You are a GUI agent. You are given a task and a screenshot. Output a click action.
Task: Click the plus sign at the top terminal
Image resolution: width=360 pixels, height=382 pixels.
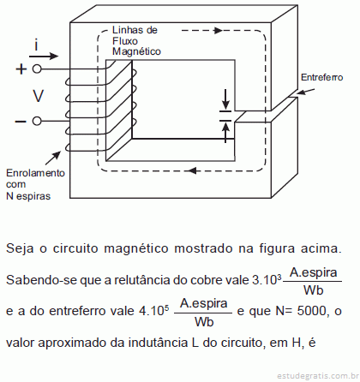coord(21,69)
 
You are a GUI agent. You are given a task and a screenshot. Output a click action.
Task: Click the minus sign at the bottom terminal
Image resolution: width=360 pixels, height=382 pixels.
coord(21,122)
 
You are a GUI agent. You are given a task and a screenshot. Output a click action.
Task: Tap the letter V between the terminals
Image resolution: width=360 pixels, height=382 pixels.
coord(38,96)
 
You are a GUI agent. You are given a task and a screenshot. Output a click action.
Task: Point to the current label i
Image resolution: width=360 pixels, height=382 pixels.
coord(36,45)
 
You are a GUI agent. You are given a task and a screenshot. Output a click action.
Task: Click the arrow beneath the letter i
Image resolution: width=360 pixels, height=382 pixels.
coord(44,56)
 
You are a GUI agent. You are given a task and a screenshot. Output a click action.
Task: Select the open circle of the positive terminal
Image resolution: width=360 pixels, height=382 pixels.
coord(37,69)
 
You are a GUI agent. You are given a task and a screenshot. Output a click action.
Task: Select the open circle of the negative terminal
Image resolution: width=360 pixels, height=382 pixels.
coord(37,122)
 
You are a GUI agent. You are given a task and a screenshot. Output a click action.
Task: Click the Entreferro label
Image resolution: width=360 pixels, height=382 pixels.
coord(322,77)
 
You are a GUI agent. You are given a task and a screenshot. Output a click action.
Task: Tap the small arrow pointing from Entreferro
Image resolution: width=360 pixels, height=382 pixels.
coord(305,92)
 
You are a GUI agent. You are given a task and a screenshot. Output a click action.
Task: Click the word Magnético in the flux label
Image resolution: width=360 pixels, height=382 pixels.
coord(136,51)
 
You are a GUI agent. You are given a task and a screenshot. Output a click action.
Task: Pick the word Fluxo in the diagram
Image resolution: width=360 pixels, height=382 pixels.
coord(125,41)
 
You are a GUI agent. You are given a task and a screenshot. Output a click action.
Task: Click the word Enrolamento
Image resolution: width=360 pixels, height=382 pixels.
coord(35,173)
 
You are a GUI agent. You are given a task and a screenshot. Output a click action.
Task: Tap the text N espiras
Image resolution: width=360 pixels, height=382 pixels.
coord(28,196)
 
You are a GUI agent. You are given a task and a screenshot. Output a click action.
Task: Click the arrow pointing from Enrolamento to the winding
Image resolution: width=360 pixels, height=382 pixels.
coord(53,158)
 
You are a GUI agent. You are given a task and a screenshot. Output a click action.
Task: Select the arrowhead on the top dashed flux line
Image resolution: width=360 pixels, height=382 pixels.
coord(219,30)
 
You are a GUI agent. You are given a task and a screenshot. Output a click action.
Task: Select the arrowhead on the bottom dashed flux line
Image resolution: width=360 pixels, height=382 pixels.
coord(192,170)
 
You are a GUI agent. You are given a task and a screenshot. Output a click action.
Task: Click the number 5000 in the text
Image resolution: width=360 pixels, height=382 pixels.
coord(311,311)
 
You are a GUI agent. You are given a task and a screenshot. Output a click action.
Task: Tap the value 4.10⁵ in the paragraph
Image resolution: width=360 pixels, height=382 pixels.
coord(154,311)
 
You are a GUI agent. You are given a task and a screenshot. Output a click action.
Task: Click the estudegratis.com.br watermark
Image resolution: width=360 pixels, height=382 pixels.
coord(318,375)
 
